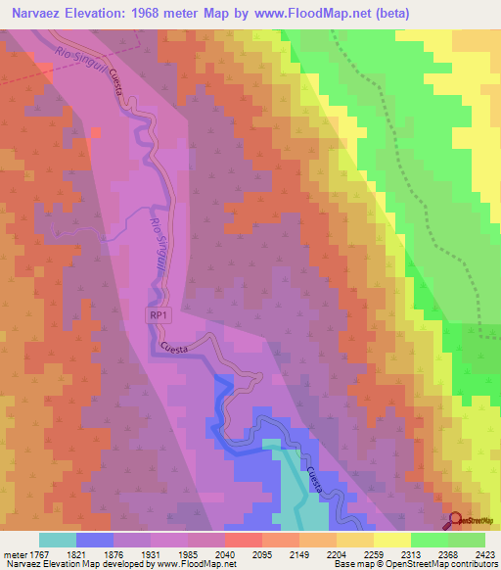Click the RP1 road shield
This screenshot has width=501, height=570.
pos(159,315)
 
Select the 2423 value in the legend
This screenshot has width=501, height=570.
pos(485,553)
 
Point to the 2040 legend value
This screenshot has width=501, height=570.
pos(224,553)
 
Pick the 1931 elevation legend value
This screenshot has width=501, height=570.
pos(151,553)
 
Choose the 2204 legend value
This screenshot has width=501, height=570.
pos(336,553)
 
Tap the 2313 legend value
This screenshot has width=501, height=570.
pos(410,553)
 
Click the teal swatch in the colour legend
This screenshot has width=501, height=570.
pos(58,540)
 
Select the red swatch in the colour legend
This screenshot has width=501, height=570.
pos(243,540)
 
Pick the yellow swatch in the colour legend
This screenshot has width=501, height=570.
pos(391,540)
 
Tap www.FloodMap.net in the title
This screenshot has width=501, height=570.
pos(313,14)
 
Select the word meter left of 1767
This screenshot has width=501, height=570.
pos(17,553)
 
